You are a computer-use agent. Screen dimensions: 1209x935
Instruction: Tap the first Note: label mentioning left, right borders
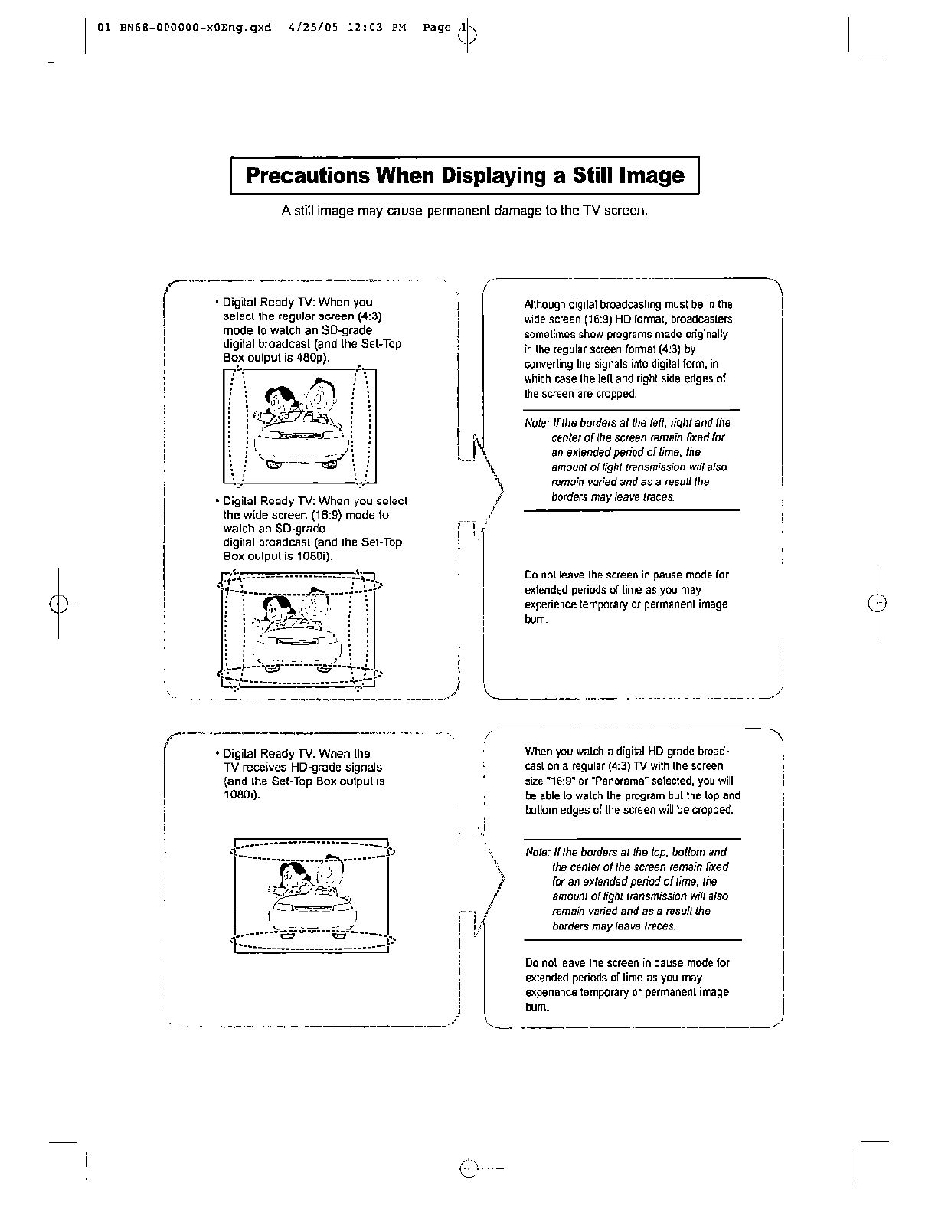(x=536, y=423)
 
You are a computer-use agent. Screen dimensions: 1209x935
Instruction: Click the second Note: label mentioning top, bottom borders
(x=537, y=852)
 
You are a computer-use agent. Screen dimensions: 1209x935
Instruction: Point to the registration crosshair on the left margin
(x=57, y=603)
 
